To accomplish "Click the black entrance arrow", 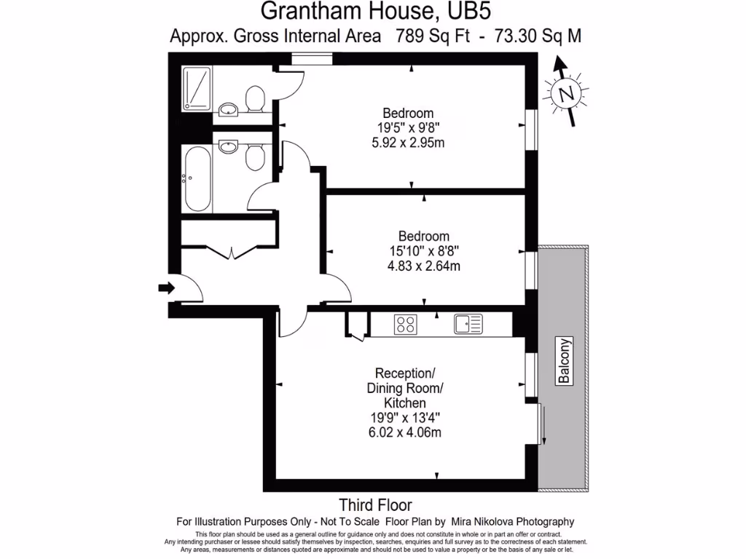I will tap(167, 288).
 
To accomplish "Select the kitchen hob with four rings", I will tap(405, 324).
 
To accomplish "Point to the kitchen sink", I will tap(467, 324).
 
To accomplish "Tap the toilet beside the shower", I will tap(255, 99).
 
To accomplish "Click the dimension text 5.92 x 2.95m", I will tap(408, 143).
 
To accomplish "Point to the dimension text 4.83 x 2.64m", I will tap(424, 266).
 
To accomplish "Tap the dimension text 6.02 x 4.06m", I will tap(405, 432).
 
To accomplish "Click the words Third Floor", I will tap(375, 505).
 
